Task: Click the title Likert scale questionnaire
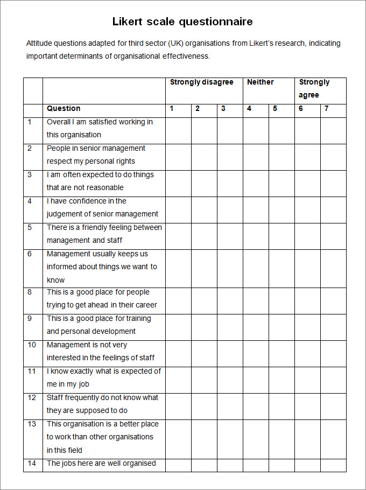(182, 22)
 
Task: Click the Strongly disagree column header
(201, 82)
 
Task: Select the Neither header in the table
(260, 82)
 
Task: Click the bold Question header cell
(64, 109)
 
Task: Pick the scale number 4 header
(249, 109)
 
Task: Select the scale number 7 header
(327, 109)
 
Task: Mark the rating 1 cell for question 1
(178, 130)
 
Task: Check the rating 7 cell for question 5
(333, 236)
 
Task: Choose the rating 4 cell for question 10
(256, 353)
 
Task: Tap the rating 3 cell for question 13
(230, 439)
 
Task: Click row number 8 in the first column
(30, 292)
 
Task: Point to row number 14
(32, 464)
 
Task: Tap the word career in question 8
(146, 305)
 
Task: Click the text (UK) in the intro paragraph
(177, 44)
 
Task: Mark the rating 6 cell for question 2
(307, 157)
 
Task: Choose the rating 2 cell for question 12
(204, 406)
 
